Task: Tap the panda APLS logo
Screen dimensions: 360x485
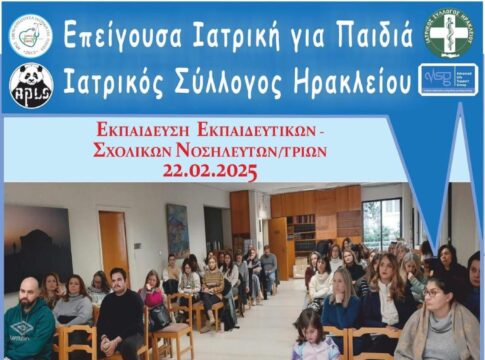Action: (31, 82)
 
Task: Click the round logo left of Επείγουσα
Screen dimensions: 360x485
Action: (31, 35)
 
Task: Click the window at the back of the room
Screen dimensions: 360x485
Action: (381, 222)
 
